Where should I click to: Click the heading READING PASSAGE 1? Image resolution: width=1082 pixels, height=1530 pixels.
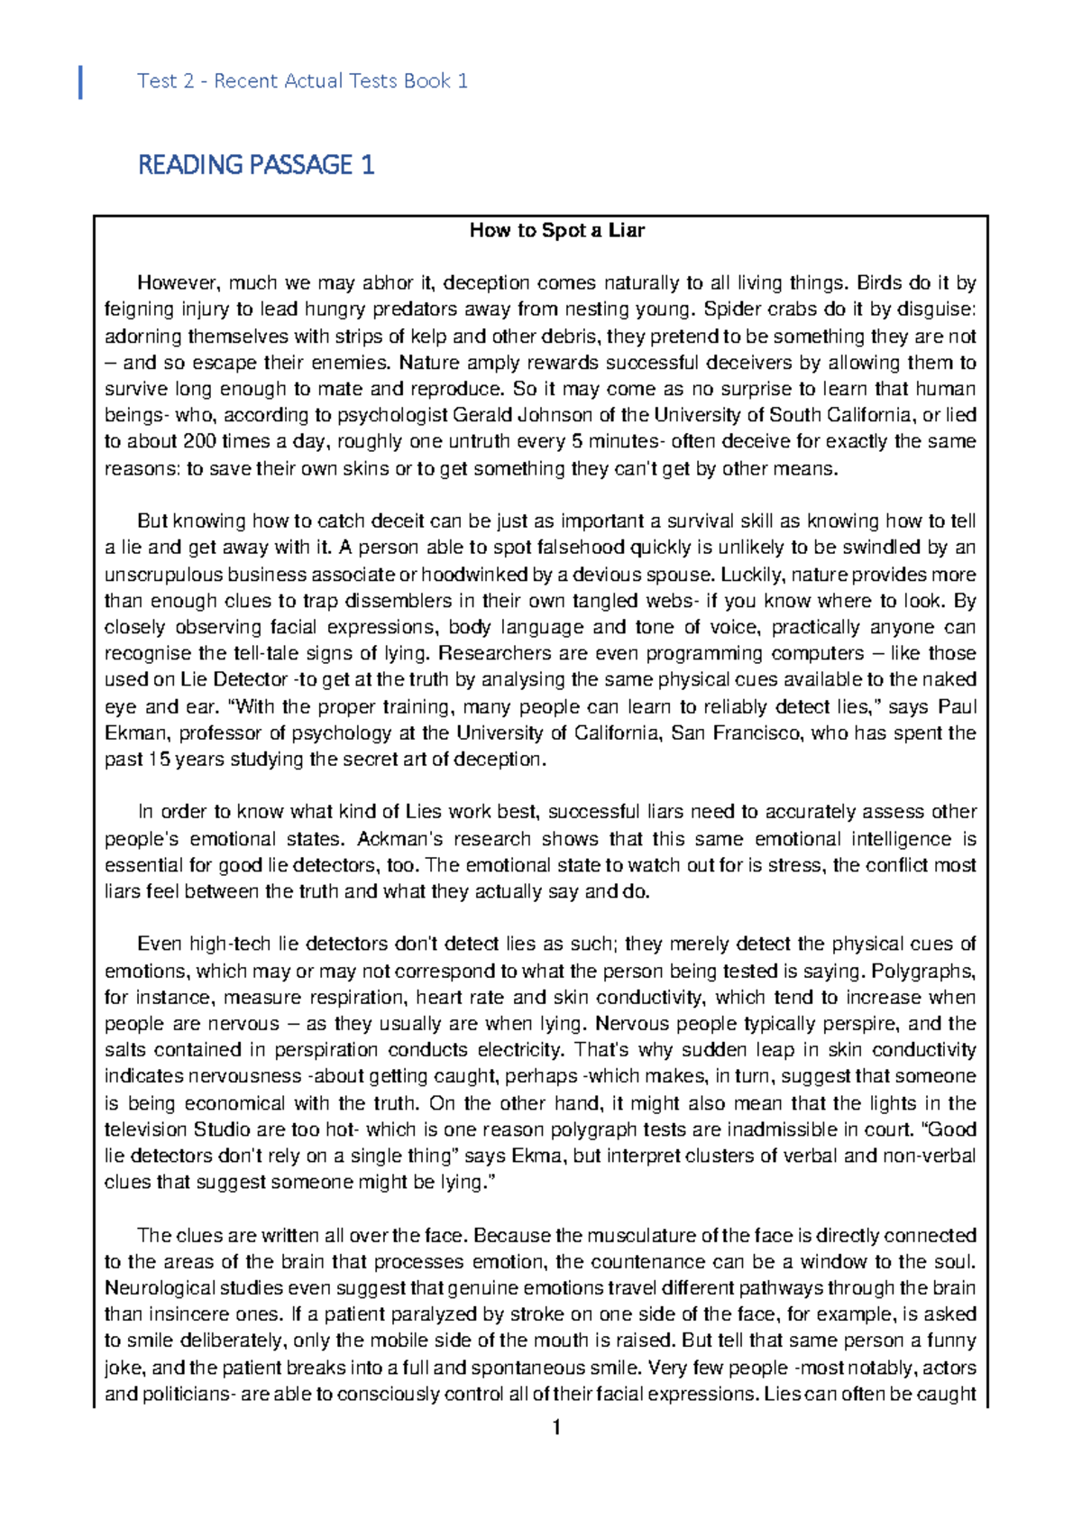(x=256, y=165)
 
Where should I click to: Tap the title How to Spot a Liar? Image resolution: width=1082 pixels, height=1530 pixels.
(x=556, y=230)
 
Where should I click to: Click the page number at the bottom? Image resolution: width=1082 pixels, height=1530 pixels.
(x=556, y=1427)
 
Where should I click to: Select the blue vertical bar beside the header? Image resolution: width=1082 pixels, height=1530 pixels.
(x=81, y=81)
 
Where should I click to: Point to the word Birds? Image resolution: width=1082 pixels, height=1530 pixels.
(x=879, y=283)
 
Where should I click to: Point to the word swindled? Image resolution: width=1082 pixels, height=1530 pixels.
(x=877, y=548)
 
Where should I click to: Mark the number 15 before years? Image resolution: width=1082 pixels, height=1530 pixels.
(x=159, y=760)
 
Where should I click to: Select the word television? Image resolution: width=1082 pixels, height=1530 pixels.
(x=143, y=1129)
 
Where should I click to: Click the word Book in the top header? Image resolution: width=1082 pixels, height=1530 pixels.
(x=426, y=81)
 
